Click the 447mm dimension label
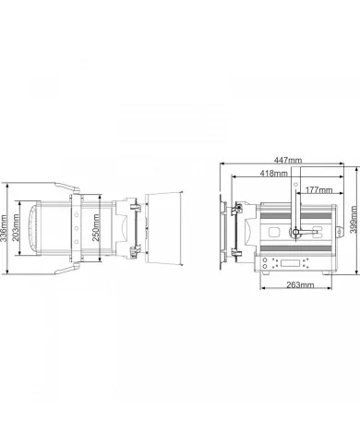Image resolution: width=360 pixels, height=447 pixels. click(288, 160)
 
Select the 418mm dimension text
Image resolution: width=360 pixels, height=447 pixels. click(273, 174)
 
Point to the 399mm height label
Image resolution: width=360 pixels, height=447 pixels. click(354, 220)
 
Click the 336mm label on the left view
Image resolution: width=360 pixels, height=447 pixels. click(4, 228)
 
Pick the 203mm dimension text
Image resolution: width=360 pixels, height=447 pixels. click(16, 227)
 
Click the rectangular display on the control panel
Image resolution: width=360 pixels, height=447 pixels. click(291, 263)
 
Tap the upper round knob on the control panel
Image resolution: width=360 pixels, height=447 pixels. click(265, 260)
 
